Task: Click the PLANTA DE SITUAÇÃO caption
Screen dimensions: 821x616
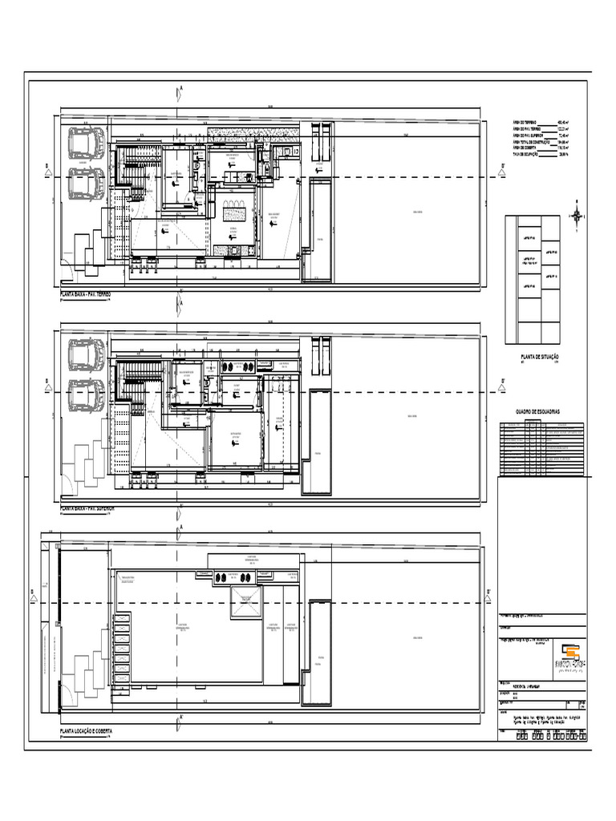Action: (x=540, y=356)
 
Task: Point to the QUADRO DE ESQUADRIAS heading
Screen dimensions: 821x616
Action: (x=540, y=411)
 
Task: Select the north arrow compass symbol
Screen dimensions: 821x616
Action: (x=577, y=215)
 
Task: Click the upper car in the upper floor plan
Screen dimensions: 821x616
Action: (x=85, y=354)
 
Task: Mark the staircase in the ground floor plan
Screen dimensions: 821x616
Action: (x=136, y=168)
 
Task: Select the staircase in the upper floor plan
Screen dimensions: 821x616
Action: (x=136, y=380)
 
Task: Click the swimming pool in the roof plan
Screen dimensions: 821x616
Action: (x=318, y=650)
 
